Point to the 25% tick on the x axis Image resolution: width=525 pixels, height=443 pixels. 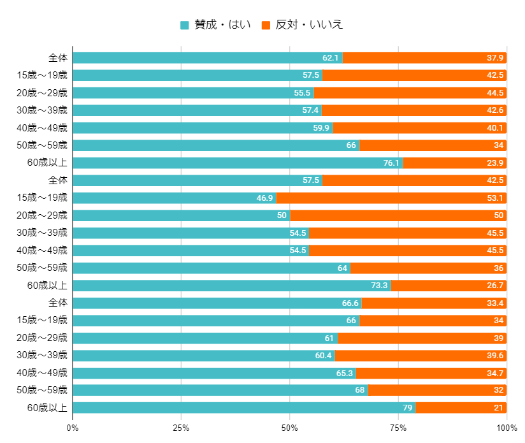[181, 427]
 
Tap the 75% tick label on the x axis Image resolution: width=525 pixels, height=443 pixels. [398, 427]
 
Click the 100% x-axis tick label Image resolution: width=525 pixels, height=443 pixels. [507, 427]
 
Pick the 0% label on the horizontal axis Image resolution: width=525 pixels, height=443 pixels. [73, 427]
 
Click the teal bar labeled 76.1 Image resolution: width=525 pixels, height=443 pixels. [238, 163]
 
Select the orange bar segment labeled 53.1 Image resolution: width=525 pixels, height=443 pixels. [391, 198]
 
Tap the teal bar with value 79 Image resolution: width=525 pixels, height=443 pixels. [244, 408]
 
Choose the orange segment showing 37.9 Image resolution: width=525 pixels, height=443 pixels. [424, 58]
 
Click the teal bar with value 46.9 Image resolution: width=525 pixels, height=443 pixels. [174, 198]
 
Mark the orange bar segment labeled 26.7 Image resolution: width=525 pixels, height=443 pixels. [449, 285]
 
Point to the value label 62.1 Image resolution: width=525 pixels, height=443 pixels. [331, 58]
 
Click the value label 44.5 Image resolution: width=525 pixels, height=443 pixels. [495, 93]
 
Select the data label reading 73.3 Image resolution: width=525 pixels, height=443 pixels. [379, 285]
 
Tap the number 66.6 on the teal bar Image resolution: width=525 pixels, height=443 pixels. [350, 303]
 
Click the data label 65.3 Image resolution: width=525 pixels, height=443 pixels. [344, 372]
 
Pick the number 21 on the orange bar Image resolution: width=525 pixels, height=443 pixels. [498, 408]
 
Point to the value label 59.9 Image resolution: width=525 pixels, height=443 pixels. [321, 127]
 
